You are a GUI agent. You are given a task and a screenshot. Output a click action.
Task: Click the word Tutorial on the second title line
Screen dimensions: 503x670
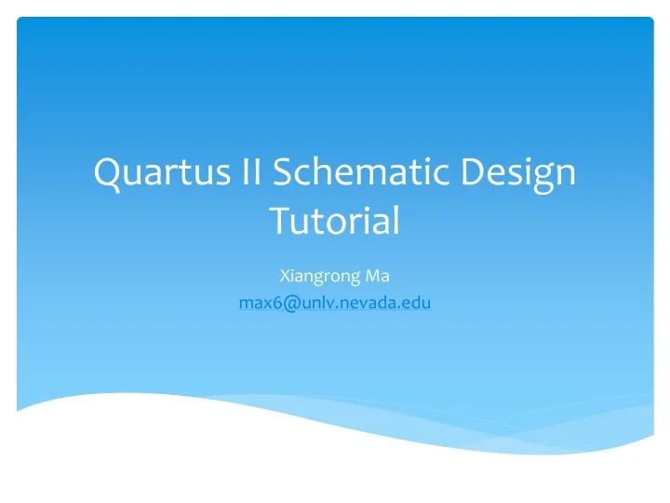[335, 222]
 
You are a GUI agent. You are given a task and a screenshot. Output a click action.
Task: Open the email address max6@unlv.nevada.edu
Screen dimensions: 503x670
[335, 302]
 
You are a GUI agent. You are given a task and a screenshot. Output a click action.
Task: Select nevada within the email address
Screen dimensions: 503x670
[368, 302]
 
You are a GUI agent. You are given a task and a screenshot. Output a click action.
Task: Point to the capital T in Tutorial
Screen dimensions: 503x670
[279, 222]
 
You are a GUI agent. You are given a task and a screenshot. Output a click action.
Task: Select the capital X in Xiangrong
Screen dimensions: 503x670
[284, 276]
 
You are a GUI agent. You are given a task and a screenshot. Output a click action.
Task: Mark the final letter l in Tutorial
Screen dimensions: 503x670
[396, 220]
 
